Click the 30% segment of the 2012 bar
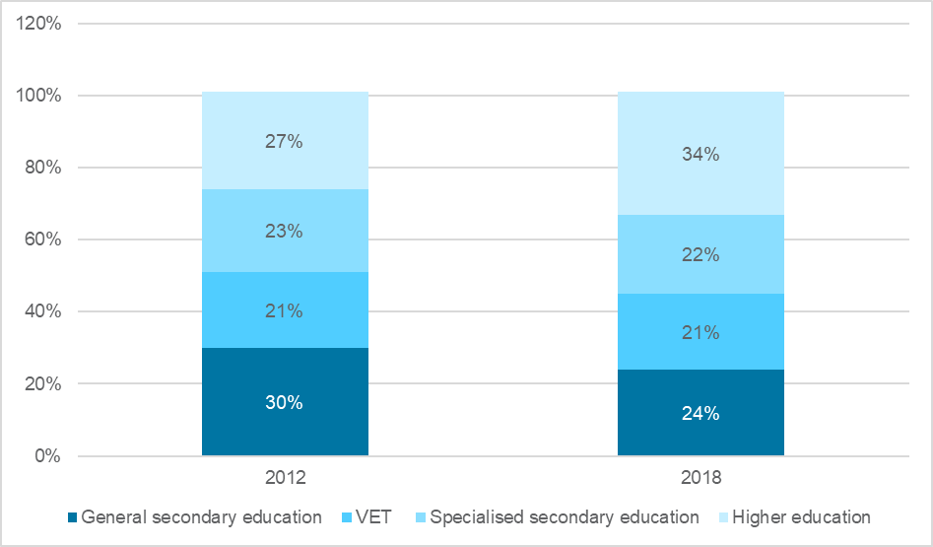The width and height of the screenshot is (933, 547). (x=285, y=402)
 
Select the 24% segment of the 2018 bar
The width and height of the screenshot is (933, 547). (x=700, y=413)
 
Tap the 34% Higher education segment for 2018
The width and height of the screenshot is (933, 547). (x=700, y=154)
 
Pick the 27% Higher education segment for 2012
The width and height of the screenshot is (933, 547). (x=285, y=141)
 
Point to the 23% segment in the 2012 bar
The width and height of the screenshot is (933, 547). (x=285, y=232)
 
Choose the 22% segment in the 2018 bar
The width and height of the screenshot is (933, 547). (x=700, y=255)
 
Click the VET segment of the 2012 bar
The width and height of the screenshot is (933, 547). (x=285, y=310)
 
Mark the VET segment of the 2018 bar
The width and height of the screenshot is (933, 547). (x=700, y=332)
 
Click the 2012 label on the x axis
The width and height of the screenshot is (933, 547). (x=285, y=478)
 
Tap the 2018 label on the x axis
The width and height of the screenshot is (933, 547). (x=700, y=478)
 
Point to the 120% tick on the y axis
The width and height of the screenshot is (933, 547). (x=39, y=24)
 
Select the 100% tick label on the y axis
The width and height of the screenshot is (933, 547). (x=39, y=96)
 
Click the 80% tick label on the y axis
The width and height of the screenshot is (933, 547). (x=43, y=168)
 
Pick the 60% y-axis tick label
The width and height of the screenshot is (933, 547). (x=43, y=239)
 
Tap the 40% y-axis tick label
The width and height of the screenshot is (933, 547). (x=43, y=311)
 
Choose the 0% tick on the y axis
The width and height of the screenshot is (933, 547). (x=47, y=456)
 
